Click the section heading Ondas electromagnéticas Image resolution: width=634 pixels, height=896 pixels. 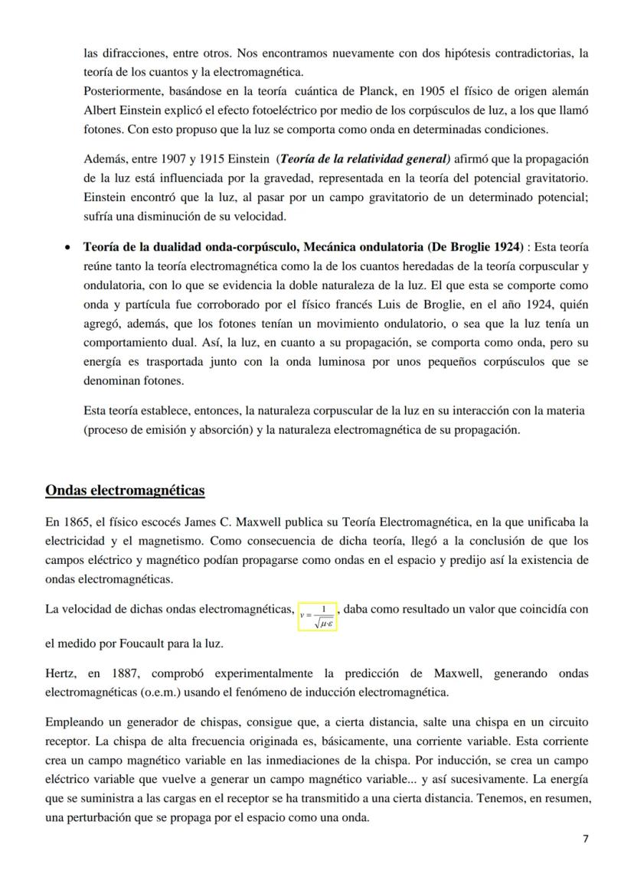tap(125, 490)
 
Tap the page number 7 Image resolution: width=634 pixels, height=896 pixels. tap(586, 839)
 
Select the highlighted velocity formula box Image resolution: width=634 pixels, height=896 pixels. tap(317, 616)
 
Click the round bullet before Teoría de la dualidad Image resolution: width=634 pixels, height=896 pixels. tap(69, 248)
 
